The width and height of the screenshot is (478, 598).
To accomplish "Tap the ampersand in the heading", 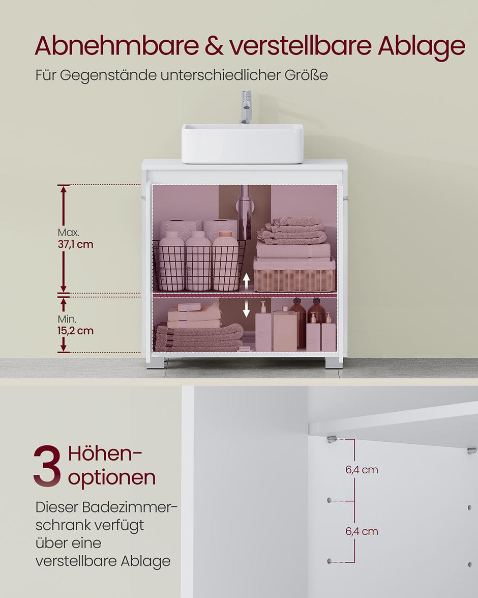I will point(214,46).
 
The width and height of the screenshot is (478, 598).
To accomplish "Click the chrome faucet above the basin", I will point(246,107).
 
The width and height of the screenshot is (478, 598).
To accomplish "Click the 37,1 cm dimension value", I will point(75,244).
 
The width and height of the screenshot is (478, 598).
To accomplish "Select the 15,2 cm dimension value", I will point(75,331).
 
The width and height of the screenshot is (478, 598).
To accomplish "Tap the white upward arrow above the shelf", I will point(247,280).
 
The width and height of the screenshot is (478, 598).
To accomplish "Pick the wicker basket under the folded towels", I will point(294,279).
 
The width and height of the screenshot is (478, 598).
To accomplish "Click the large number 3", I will point(47,466).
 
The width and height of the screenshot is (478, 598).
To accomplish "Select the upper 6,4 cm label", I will point(362,470).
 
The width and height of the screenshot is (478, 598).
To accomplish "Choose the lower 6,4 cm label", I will point(362,531).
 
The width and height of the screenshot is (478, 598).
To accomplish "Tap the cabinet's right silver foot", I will point(334,362).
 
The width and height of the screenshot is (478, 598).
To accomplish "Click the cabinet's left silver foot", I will point(156,363).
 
